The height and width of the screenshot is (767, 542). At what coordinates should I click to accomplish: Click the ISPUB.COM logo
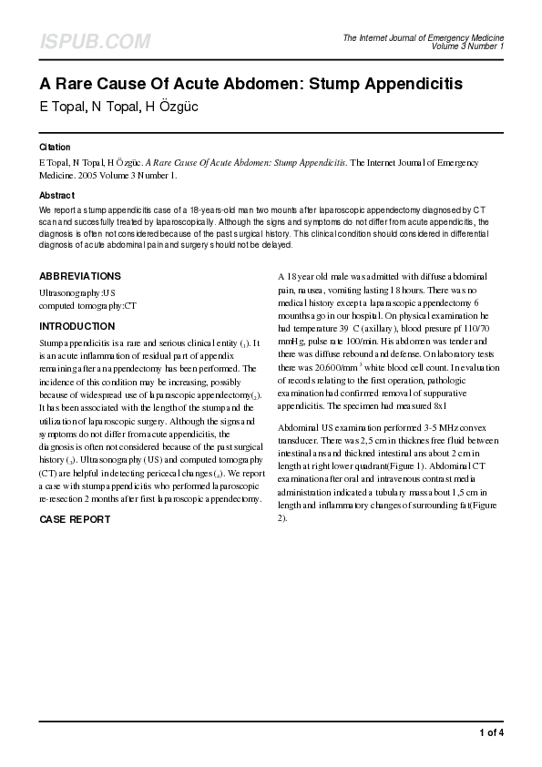coord(95,42)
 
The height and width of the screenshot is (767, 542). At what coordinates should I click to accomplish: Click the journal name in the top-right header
coord(423,37)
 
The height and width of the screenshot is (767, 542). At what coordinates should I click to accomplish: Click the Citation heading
coord(55,147)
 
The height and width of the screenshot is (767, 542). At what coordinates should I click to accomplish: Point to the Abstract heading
coord(56,195)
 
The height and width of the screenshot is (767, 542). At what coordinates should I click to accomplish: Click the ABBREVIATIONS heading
coord(80,276)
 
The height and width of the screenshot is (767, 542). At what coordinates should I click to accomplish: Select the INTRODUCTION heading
coord(77,325)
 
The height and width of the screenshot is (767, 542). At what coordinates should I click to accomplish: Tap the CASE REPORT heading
coord(75,519)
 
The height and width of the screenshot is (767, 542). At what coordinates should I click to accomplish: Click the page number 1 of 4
coord(491,732)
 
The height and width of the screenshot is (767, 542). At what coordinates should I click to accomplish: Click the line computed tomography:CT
coord(87,306)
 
